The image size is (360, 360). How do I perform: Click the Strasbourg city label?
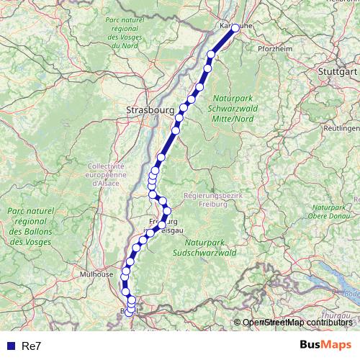coord(149,110)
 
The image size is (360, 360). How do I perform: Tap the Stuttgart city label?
coord(337,72)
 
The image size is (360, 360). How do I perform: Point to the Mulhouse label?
coord(96,274)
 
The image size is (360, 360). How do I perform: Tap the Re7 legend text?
coord(32,346)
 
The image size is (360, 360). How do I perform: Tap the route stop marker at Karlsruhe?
coord(235,28)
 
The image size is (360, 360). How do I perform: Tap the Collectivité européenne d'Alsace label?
coord(106,175)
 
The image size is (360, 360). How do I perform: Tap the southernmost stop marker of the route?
coord(128,312)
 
